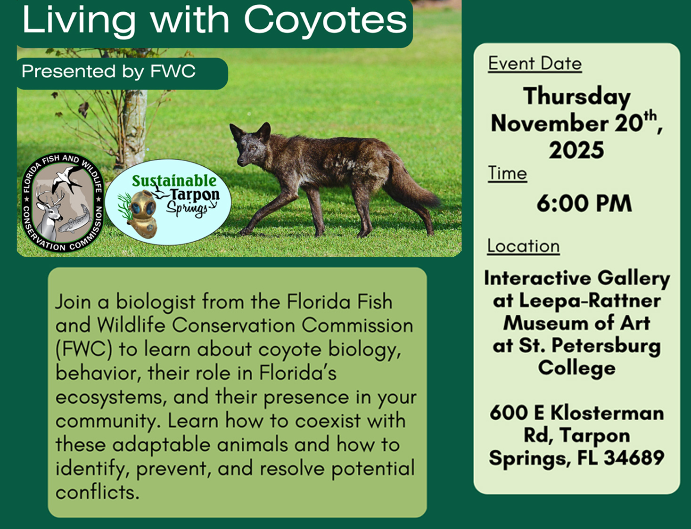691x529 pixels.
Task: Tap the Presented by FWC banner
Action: [122, 73]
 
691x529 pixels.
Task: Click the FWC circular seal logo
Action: [63, 203]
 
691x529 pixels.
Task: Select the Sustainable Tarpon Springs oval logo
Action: [168, 202]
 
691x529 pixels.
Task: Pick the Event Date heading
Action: [535, 64]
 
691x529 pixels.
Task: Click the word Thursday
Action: [577, 97]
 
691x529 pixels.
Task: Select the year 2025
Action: [576, 150]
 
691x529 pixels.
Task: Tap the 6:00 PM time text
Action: [584, 203]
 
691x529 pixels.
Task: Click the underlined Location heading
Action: [523, 246]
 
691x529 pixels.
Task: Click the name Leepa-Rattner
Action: [590, 301]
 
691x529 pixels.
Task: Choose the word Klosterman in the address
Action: [607, 413]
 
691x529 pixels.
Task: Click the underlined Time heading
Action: [508, 173]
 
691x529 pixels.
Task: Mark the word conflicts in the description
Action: [98, 492]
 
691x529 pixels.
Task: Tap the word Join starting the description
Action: [73, 302]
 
